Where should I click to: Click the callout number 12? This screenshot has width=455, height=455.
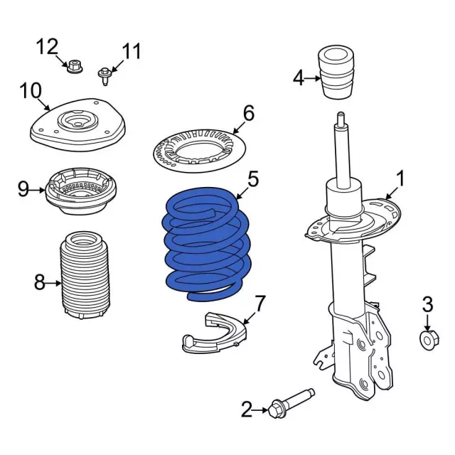(x=47, y=48)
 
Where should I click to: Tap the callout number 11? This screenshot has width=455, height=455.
(x=132, y=51)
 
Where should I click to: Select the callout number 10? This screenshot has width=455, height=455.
(x=31, y=91)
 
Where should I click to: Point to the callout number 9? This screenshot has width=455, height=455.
(x=23, y=189)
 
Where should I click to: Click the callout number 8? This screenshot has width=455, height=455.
(x=40, y=284)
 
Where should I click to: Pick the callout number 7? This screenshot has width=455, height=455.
(x=260, y=304)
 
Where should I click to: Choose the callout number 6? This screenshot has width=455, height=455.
(x=248, y=113)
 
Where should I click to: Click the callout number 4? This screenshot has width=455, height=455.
(x=299, y=77)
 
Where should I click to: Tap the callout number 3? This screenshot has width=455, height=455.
(x=427, y=305)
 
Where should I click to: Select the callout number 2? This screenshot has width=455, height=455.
(x=247, y=409)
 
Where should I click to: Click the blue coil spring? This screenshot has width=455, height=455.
(x=205, y=242)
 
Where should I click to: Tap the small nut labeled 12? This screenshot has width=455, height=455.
(x=73, y=68)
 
